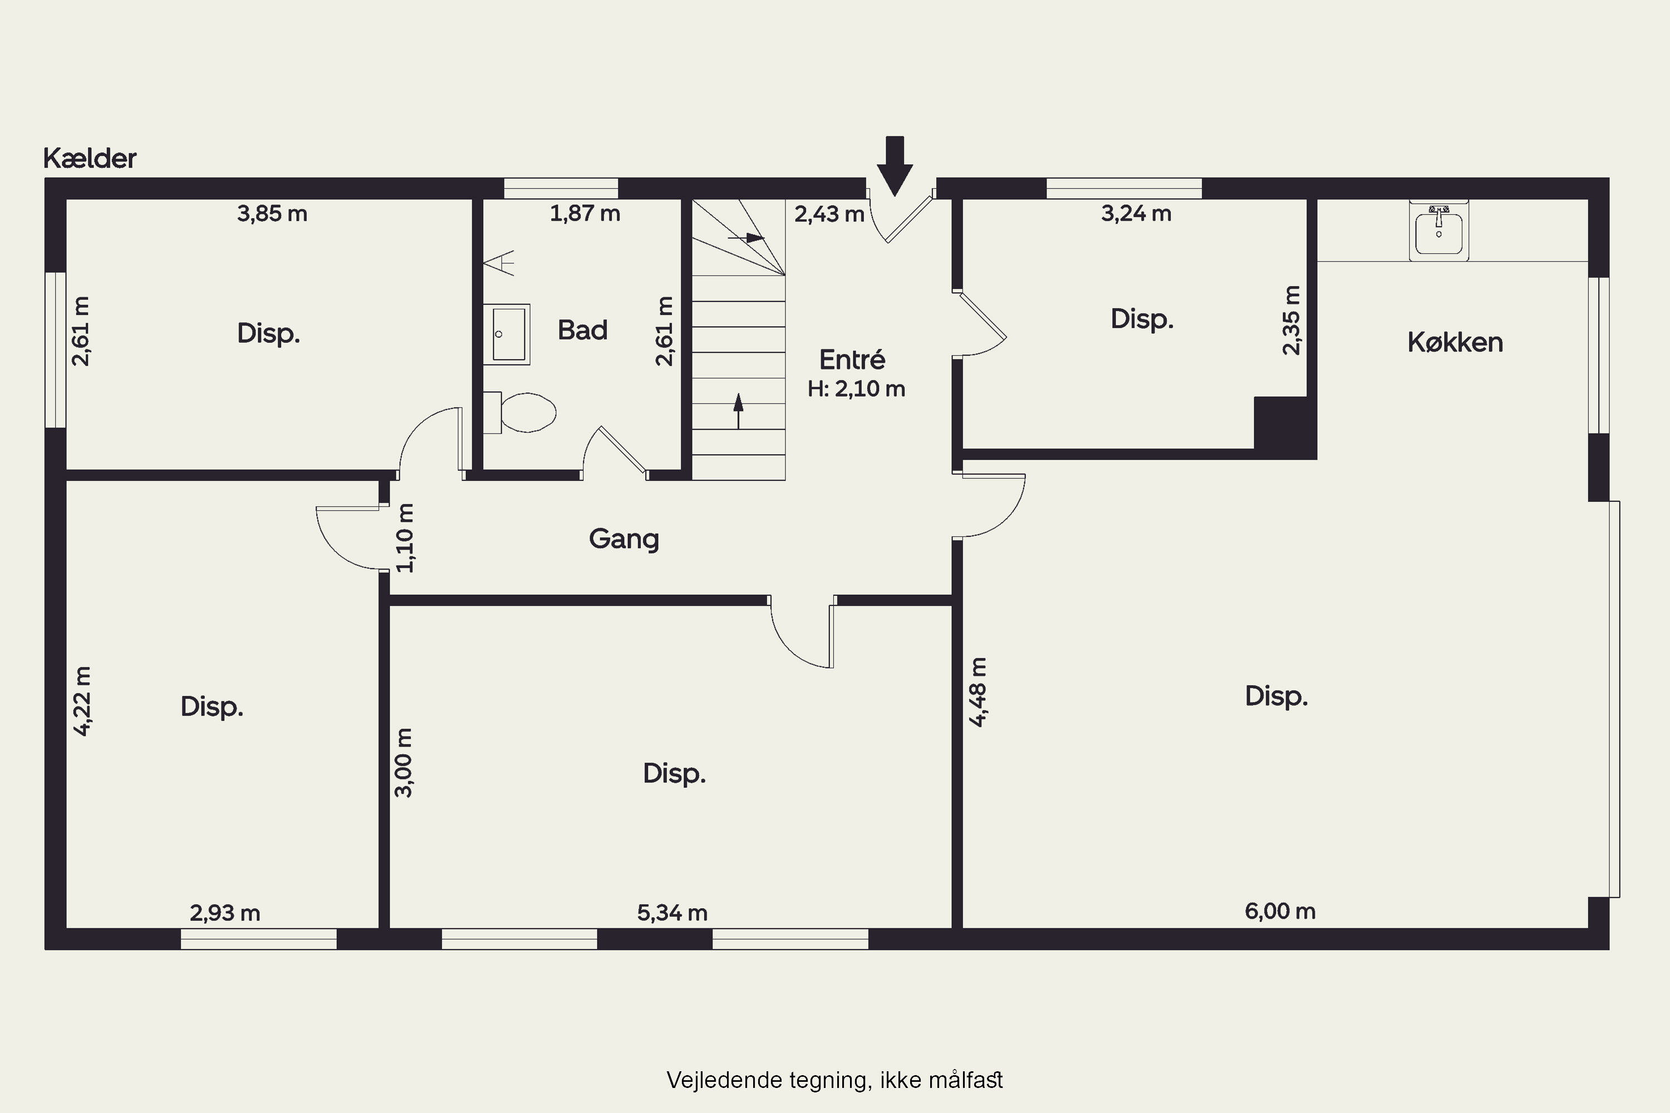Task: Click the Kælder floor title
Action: pyautogui.click(x=90, y=157)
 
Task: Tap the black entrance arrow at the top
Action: pyautogui.click(x=895, y=166)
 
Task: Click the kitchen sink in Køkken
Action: pyautogui.click(x=1438, y=230)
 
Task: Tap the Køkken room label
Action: pyautogui.click(x=1455, y=342)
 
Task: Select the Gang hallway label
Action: pyautogui.click(x=624, y=539)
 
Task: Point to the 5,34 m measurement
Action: pyautogui.click(x=672, y=912)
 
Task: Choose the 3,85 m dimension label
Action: pyautogui.click(x=272, y=213)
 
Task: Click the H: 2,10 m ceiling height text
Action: pyautogui.click(x=856, y=388)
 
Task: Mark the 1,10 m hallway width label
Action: pyautogui.click(x=405, y=538)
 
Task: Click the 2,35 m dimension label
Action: pyautogui.click(x=1291, y=320)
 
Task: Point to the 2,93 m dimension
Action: pyautogui.click(x=225, y=912)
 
